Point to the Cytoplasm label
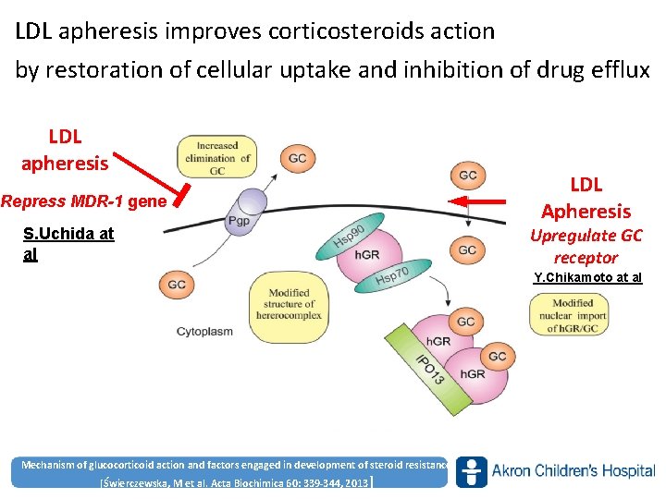click(204, 332)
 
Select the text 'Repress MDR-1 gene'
click(84, 201)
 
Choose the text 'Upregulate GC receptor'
click(586, 247)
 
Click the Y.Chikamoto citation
click(587, 278)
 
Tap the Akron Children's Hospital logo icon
click(471, 471)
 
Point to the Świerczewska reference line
click(235, 483)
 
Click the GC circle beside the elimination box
click(297, 158)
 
